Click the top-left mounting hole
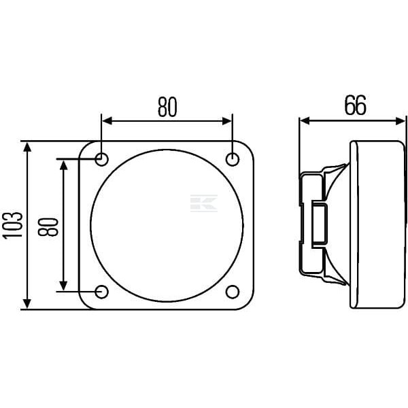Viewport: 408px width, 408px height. (101, 159)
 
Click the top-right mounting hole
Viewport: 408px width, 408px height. (233, 159)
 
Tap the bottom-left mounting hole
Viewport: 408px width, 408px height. (101, 292)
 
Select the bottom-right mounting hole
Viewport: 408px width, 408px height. (233, 292)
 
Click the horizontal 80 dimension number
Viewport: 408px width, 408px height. (167, 107)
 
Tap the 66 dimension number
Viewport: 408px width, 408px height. (355, 105)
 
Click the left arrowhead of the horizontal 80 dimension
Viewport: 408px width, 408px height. (107, 121)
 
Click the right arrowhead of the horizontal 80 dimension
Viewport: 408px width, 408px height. (227, 121)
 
